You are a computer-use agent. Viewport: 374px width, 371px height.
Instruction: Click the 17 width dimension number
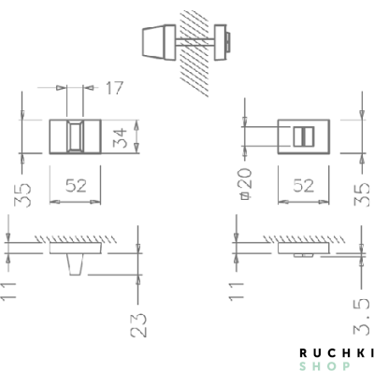click(114, 89)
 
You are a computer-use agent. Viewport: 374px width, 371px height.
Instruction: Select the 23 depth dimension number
click(139, 324)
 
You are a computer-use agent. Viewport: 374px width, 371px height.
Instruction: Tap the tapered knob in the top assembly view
click(157, 40)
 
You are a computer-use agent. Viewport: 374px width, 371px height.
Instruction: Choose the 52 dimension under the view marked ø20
click(302, 185)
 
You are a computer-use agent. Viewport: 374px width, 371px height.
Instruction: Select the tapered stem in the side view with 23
click(78, 266)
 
